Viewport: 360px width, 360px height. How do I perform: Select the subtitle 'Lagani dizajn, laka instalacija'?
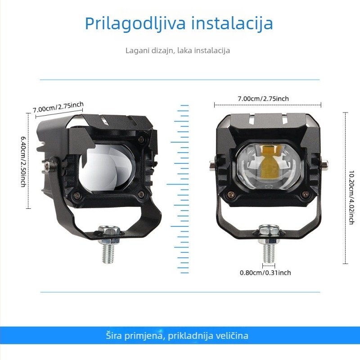coord(178,50)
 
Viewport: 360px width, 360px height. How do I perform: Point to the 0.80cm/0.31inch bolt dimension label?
coord(265,273)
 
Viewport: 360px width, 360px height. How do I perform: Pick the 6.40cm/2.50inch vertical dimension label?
coord(23,161)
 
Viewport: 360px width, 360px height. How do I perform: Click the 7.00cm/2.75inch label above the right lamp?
coord(263,99)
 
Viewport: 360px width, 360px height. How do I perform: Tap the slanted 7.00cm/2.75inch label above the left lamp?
coord(58,108)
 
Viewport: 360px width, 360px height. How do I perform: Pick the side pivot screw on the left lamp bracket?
coord(48,167)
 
